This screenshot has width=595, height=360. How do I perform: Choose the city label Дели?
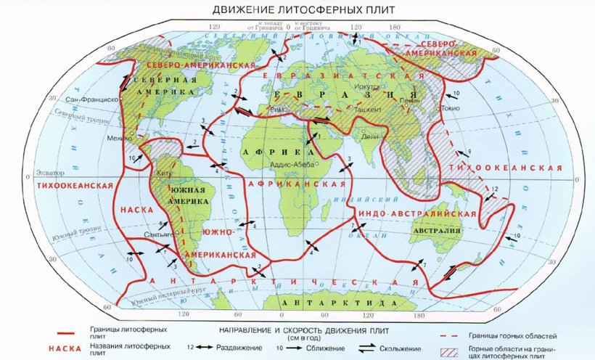pos(370,136)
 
